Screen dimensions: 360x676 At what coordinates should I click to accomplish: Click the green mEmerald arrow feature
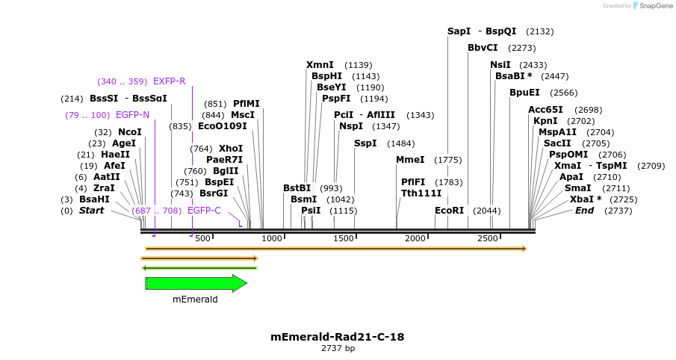coord(196,283)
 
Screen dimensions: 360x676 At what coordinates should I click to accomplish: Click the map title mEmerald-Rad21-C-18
coord(338,337)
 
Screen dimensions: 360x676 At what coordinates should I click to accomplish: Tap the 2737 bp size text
coord(338,348)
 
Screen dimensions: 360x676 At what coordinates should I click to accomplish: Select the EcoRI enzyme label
coord(450,211)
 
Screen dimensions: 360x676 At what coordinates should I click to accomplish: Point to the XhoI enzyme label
coord(231,149)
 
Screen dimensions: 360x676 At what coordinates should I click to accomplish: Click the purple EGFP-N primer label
coord(133,115)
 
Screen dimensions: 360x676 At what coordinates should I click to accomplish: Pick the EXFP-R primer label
coord(169,81)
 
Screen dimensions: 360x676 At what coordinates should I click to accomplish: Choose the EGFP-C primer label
coord(204,211)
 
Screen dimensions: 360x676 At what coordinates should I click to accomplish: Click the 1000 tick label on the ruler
coord(272,238)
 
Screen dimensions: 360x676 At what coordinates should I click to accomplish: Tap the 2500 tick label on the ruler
coord(488,238)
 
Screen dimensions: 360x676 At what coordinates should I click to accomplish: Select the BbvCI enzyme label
coord(483,48)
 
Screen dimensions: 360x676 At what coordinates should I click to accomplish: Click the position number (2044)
coord(486,211)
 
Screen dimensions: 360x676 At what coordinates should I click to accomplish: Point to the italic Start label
coord(92,211)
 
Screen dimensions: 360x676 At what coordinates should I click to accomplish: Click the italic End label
coord(584,211)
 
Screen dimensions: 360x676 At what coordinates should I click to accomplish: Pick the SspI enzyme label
coord(365,143)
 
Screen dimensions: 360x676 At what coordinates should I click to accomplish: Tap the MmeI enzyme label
coord(410,160)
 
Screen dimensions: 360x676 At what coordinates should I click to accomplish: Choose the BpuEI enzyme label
coord(524,93)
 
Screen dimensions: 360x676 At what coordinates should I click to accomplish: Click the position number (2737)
coord(618,211)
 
